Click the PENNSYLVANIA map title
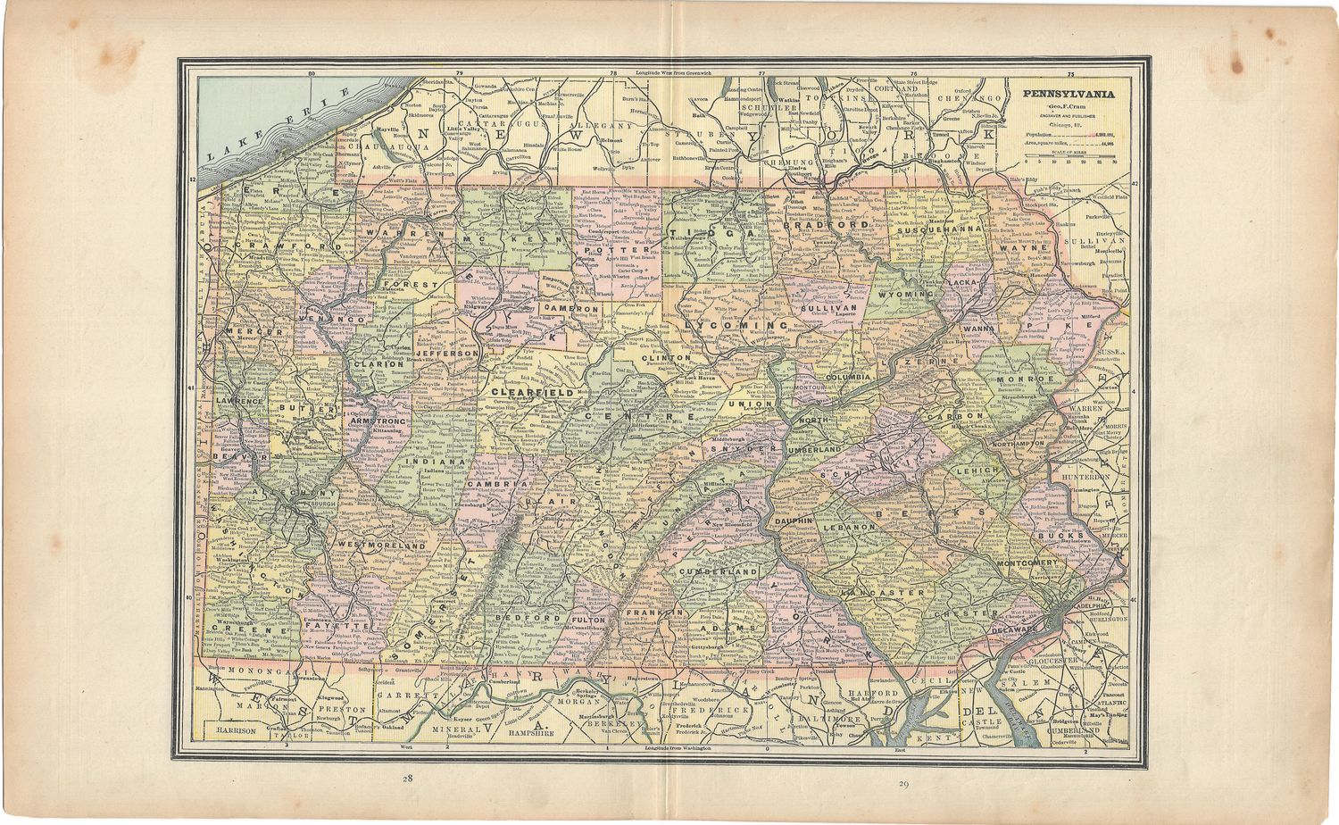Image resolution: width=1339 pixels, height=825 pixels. [1069, 94]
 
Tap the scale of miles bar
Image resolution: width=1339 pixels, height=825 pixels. [1071, 157]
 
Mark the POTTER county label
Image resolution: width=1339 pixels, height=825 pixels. [600, 251]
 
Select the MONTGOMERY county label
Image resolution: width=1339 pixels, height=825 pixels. [1026, 564]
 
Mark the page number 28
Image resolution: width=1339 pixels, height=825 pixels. [407, 779]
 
